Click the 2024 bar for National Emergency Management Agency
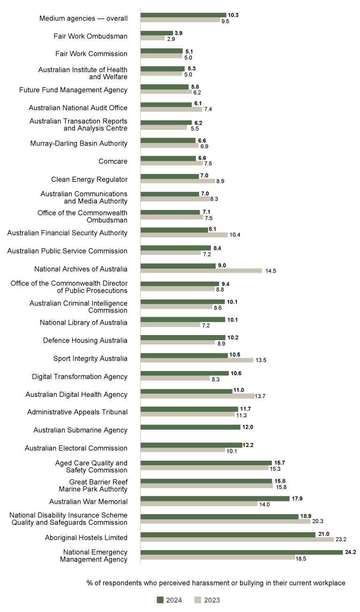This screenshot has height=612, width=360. (241, 552)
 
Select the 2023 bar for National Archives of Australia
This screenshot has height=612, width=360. (201, 270)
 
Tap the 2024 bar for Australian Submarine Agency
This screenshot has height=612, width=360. (190, 427)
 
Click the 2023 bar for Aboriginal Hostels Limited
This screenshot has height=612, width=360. (237, 539)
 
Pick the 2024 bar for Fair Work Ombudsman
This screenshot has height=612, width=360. (157, 33)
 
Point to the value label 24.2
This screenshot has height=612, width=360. (351, 552)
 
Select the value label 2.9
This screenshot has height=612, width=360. (171, 38)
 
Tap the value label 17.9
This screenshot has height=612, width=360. (297, 499)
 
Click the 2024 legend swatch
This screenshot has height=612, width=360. (160, 600)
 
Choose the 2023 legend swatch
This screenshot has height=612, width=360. (197, 600)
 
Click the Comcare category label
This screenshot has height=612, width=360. (113, 161)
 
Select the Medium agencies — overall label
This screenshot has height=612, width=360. (83, 18)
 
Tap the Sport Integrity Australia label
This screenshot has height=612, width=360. (90, 358)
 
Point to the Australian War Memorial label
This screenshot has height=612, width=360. (88, 501)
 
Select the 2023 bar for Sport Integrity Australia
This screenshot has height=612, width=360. (197, 360)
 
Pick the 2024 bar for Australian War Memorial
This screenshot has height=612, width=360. (215, 499)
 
